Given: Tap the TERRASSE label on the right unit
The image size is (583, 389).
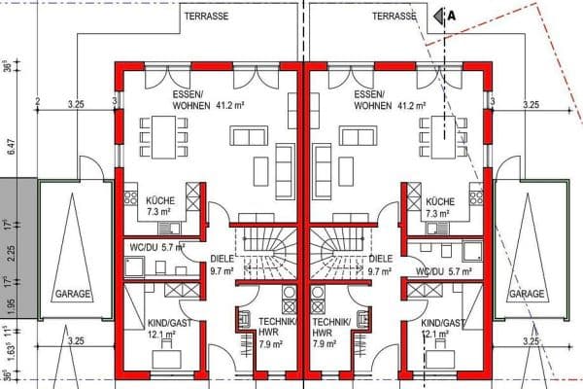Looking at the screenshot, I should [394, 17].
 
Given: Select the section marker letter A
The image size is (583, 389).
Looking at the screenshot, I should [451, 16].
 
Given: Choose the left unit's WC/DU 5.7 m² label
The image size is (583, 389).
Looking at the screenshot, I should [155, 247].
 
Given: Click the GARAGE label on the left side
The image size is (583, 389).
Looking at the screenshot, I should [73, 294].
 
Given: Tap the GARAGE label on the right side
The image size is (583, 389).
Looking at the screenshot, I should [526, 294].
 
